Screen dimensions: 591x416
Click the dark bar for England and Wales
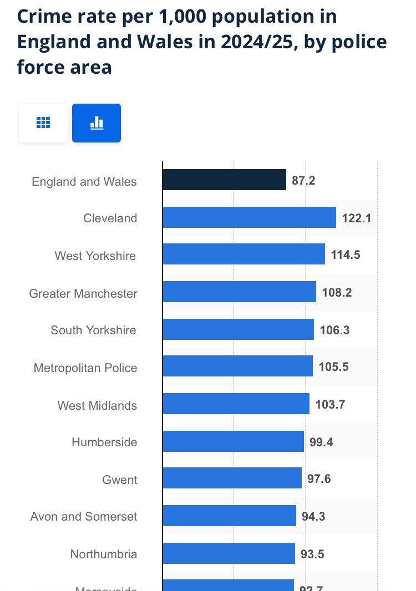(x=224, y=180)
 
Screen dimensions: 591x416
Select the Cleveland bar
(x=249, y=217)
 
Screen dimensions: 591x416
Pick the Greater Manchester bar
(x=239, y=292)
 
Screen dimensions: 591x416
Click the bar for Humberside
(x=233, y=442)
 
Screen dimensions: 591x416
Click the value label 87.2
(x=303, y=181)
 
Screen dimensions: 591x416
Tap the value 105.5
(x=333, y=367)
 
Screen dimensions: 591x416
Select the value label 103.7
(x=330, y=405)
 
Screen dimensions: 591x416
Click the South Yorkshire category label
(x=93, y=330)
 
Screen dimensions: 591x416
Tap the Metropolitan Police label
(x=85, y=368)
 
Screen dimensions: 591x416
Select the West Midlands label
(x=97, y=405)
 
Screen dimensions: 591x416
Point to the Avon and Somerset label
(x=84, y=517)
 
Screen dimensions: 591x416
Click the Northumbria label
(x=104, y=554)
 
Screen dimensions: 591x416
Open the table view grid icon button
(x=43, y=123)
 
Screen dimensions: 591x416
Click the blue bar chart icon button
(x=97, y=123)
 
